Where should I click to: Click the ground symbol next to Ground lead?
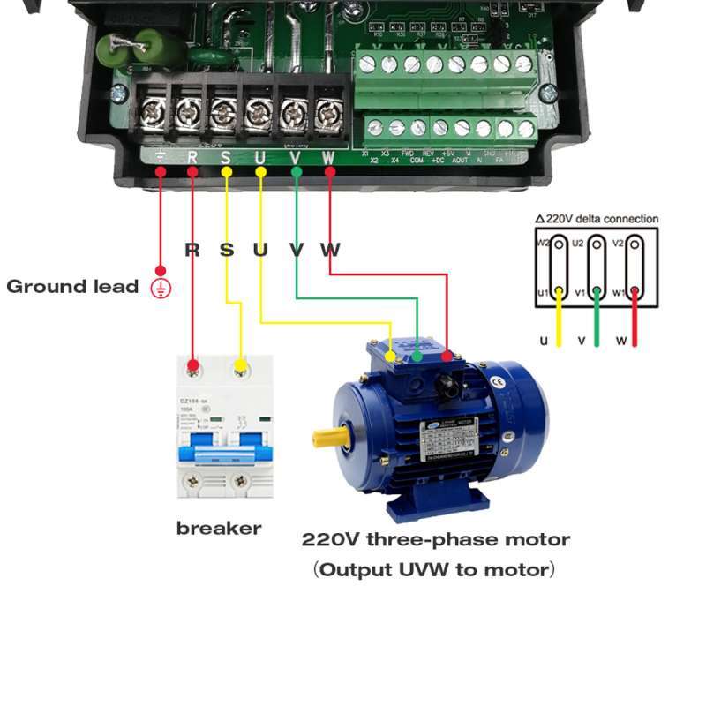click(161, 287)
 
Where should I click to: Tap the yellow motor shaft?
click(328, 436)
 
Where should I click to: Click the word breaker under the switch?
click(219, 529)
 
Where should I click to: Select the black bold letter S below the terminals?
click(227, 250)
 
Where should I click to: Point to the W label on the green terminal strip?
click(329, 158)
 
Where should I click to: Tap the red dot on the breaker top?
click(194, 364)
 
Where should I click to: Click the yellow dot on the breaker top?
click(240, 364)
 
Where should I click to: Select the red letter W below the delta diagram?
click(622, 341)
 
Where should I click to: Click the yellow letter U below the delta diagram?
click(544, 341)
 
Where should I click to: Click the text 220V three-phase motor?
click(436, 539)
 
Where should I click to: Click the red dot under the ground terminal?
click(161, 172)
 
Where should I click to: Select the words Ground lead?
click(72, 287)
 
